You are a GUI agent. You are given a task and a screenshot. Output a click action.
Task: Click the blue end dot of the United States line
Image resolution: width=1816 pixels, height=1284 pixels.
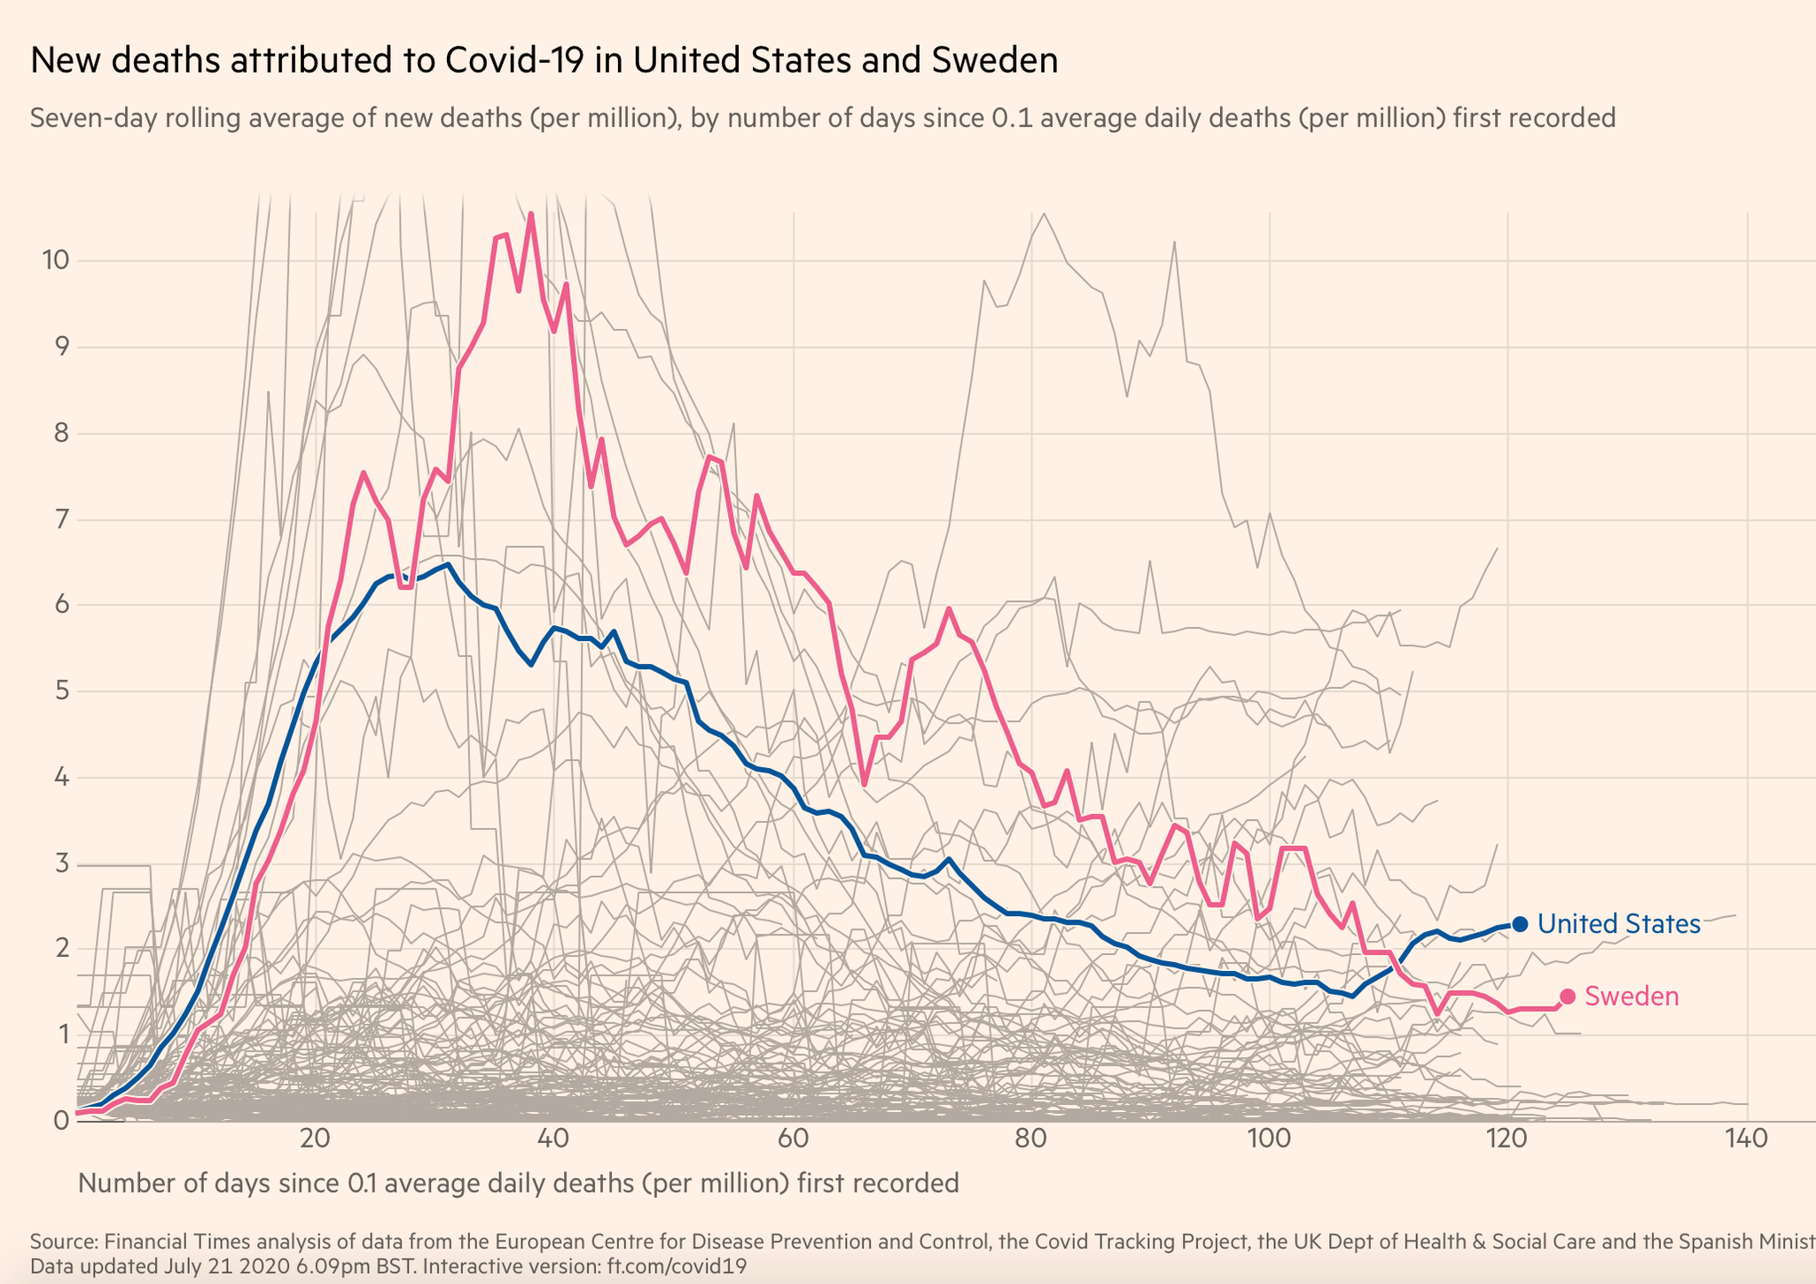[1519, 923]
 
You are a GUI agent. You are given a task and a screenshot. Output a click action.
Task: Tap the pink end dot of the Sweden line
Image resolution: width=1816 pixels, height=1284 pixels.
[1567, 997]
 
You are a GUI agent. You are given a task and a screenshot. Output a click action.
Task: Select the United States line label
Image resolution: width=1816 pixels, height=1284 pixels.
[1618, 924]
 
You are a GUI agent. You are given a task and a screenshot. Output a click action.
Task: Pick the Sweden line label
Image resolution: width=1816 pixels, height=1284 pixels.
[1632, 997]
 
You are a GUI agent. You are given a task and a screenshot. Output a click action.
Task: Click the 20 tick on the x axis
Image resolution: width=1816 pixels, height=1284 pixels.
[316, 1139]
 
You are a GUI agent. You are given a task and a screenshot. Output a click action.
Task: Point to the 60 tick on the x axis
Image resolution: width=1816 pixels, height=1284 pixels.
[793, 1139]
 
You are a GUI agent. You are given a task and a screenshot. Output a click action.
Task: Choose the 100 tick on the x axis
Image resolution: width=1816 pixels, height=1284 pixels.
[1269, 1139]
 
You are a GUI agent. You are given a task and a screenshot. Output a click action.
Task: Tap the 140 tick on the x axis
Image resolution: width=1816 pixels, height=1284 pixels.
[1746, 1139]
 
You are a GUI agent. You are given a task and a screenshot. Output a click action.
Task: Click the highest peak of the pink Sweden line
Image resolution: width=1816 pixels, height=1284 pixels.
[530, 214]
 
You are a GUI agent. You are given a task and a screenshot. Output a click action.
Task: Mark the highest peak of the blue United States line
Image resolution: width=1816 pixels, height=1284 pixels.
[449, 564]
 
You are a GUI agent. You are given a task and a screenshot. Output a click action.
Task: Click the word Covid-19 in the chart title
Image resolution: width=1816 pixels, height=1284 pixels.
[519, 60]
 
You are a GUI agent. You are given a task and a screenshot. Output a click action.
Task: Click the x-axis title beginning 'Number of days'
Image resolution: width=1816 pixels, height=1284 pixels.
[519, 1183]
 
